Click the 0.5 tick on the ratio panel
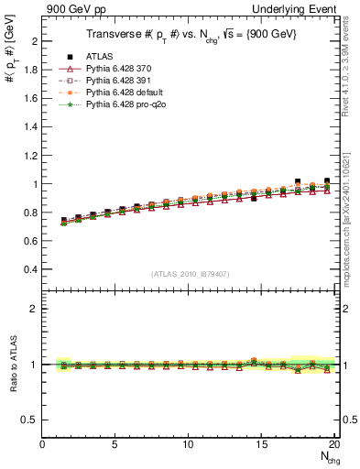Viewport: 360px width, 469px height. pyautogui.click(x=29, y=420)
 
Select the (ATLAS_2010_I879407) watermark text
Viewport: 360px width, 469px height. pyautogui.click(x=190, y=272)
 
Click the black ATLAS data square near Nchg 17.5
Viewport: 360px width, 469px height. pyautogui.click(x=298, y=181)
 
